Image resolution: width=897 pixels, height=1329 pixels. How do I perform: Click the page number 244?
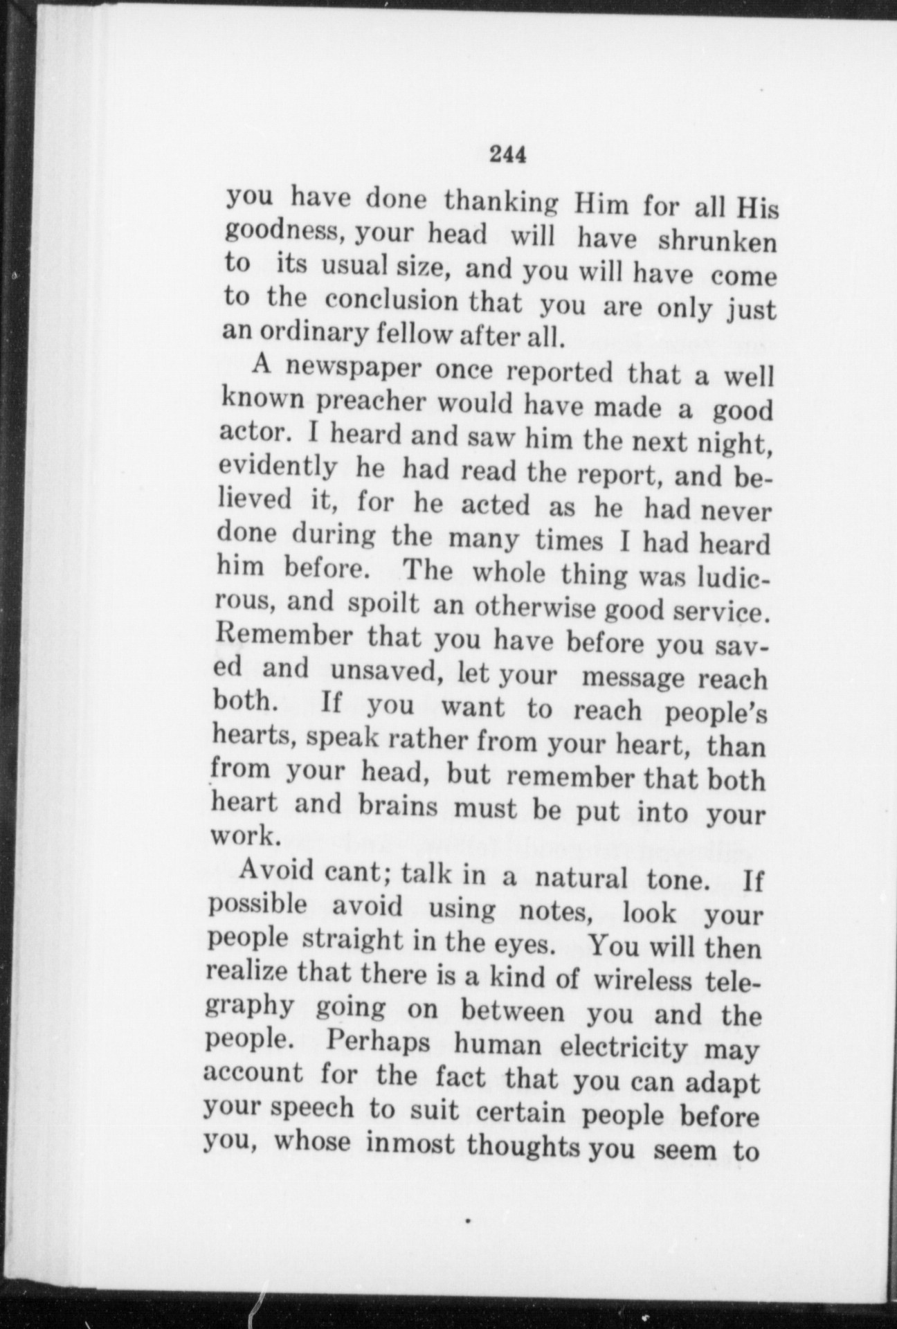[x=508, y=154]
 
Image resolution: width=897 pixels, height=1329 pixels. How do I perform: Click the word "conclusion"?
[x=391, y=301]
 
